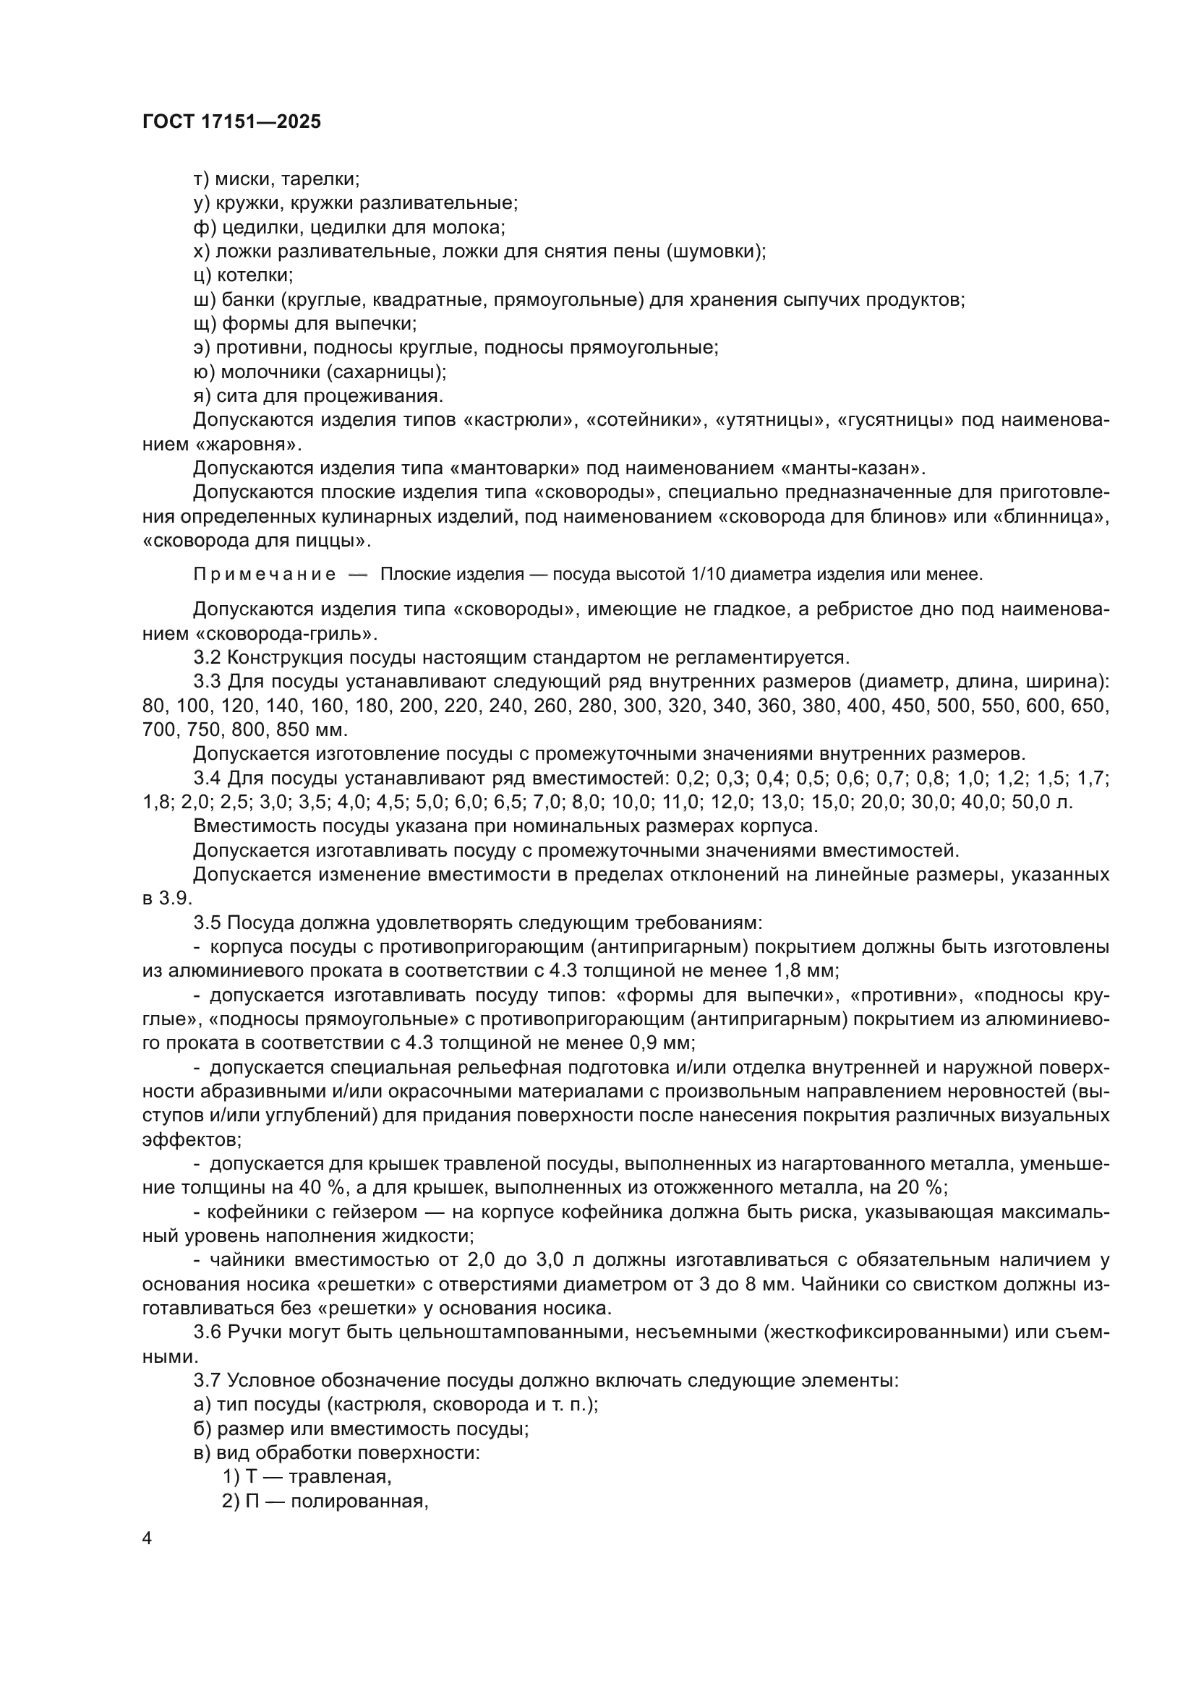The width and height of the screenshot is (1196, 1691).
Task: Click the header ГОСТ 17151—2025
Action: point(231,121)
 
